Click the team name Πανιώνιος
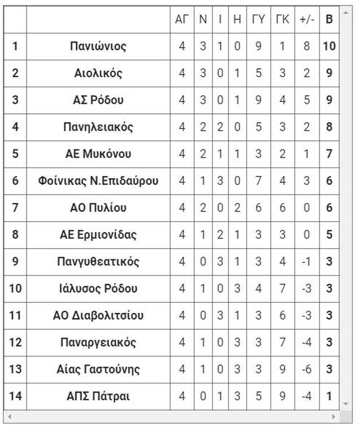[x=98, y=46]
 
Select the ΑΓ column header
[x=182, y=19]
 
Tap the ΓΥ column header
[x=258, y=19]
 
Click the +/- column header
[x=306, y=19]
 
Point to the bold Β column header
[x=330, y=19]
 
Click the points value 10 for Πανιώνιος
[x=330, y=46]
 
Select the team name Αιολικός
[x=98, y=73]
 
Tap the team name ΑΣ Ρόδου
[x=98, y=100]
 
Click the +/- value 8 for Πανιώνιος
[x=306, y=46]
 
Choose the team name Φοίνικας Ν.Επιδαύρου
[x=98, y=181]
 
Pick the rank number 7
[x=15, y=208]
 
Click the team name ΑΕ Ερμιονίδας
[x=98, y=235]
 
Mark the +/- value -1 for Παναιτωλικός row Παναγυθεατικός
[x=306, y=262]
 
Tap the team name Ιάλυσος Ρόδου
[x=98, y=289]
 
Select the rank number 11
[x=15, y=316]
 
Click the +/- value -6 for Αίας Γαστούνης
[x=306, y=369]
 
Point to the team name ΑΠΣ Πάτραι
[x=98, y=396]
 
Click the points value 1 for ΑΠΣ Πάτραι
[x=330, y=396]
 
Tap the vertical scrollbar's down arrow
[x=346, y=404]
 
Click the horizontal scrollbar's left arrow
[x=9, y=417]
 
